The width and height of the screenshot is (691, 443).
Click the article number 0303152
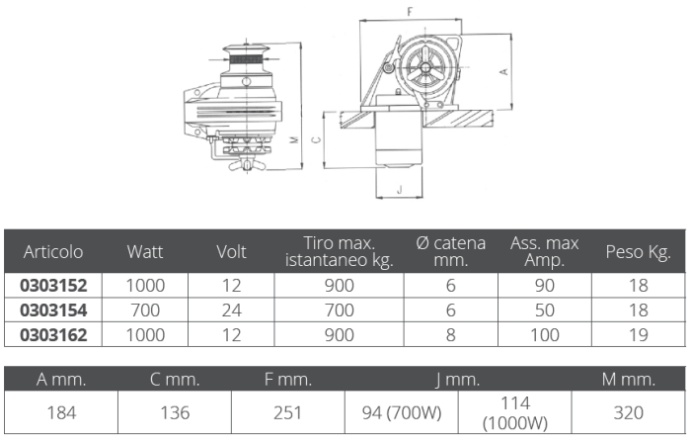(53, 286)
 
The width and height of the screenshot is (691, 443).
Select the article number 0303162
(53, 335)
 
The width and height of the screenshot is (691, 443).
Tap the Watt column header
(145, 251)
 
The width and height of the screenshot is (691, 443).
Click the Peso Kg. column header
(638, 252)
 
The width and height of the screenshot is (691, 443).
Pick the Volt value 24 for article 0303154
(231, 310)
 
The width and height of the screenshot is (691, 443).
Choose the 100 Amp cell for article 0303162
(544, 335)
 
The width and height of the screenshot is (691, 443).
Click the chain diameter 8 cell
(450, 335)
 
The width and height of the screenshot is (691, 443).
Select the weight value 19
(638, 335)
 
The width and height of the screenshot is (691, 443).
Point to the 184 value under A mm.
(61, 413)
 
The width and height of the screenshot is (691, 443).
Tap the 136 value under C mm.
(175, 413)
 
